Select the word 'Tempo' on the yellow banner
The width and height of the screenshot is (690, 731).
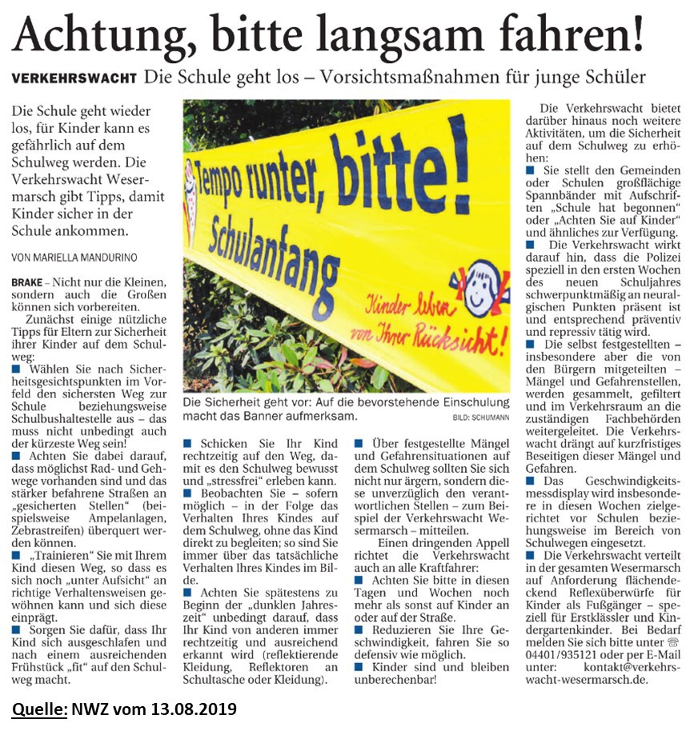point(221,187)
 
